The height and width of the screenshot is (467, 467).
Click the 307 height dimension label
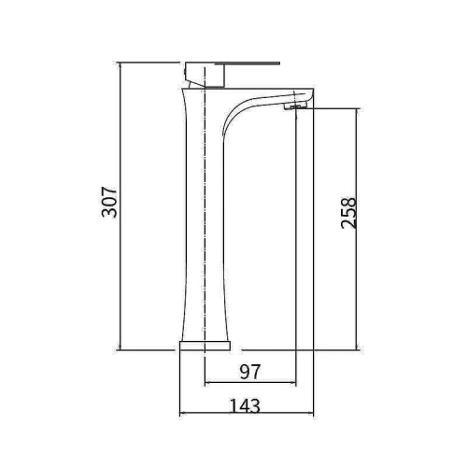(x=109, y=202)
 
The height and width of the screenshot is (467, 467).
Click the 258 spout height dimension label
(x=348, y=213)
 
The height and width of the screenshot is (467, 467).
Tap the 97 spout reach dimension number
(x=250, y=372)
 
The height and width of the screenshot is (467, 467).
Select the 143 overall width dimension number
(x=245, y=405)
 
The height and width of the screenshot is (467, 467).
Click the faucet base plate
(x=205, y=346)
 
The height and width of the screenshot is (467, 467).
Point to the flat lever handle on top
(x=233, y=64)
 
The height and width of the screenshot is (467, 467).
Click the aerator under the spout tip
(x=296, y=107)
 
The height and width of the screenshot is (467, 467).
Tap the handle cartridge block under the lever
(x=205, y=76)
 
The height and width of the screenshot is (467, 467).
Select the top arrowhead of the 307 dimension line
(x=120, y=65)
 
